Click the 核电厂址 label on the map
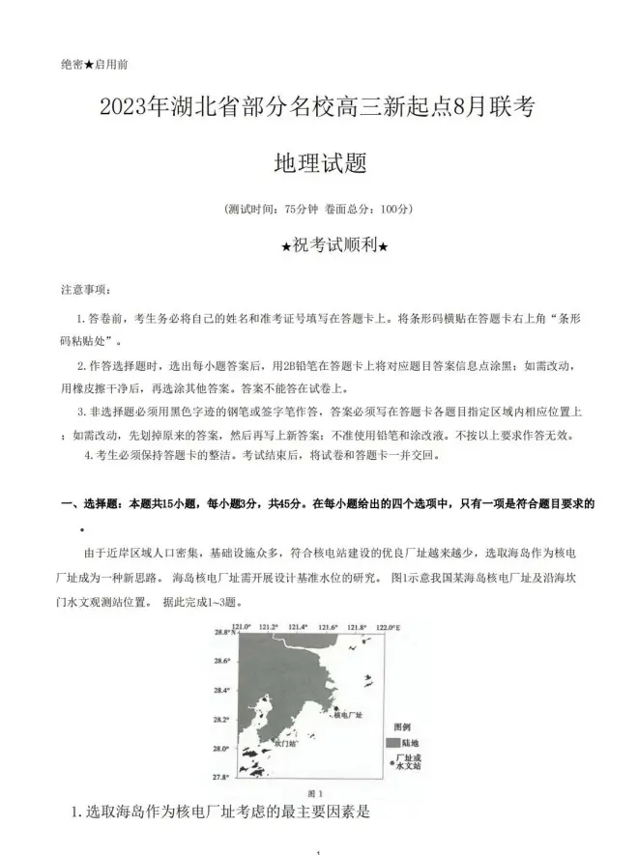pos(347,716)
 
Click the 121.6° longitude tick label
pos(327,627)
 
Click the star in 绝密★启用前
pos(89,65)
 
